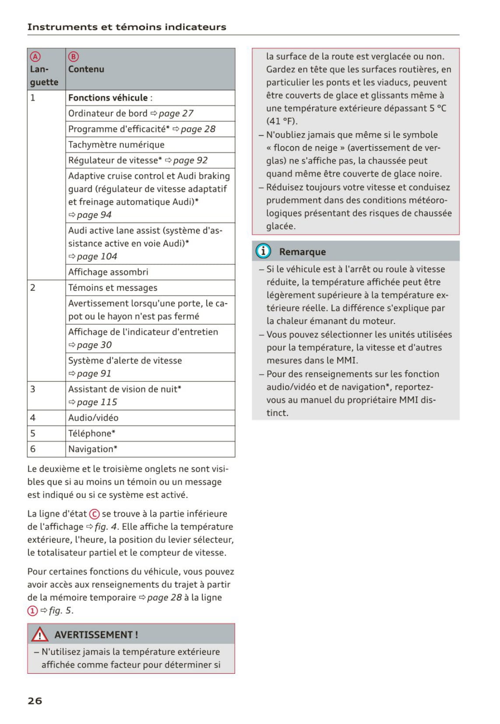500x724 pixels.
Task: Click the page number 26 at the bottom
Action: click(x=35, y=700)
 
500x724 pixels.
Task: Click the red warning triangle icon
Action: click(x=39, y=634)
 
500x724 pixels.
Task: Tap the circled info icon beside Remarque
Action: click(x=263, y=251)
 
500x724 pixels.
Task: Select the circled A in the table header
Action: click(x=35, y=56)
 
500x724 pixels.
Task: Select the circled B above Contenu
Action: click(x=74, y=56)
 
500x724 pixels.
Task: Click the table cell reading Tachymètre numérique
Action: click(x=116, y=144)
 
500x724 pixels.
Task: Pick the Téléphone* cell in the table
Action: click(x=92, y=433)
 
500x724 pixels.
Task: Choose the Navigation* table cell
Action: click(x=93, y=449)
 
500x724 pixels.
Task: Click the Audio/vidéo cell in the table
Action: click(x=93, y=418)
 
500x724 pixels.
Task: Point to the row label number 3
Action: click(x=33, y=389)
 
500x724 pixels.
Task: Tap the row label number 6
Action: click(x=33, y=449)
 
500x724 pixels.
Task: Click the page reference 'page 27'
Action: click(x=176, y=113)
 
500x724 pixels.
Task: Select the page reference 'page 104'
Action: click(x=97, y=257)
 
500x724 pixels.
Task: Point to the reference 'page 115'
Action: click(x=97, y=402)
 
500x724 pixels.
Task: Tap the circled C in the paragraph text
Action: click(x=94, y=514)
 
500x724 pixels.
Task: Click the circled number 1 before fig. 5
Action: click(x=32, y=611)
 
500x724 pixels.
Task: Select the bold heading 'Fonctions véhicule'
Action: click(x=108, y=98)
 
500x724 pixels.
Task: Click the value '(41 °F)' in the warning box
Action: click(x=282, y=121)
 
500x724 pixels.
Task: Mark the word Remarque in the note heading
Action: click(x=303, y=252)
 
